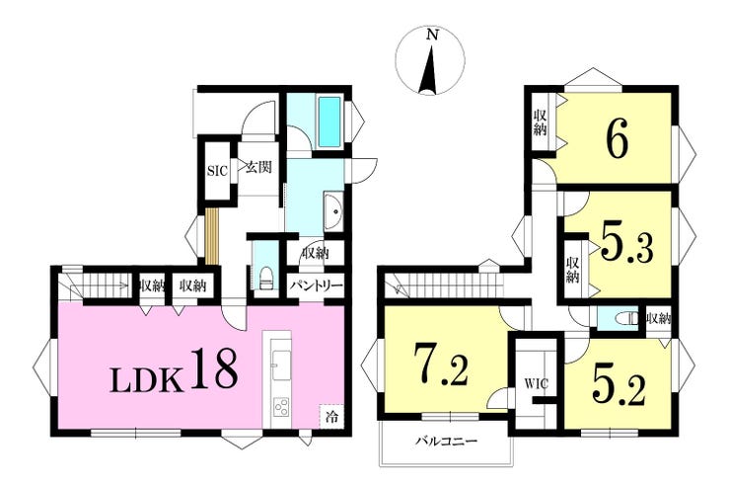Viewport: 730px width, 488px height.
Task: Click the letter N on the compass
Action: [433, 34]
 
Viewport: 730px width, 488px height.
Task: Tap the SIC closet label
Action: [217, 171]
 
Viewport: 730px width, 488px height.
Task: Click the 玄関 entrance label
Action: [258, 167]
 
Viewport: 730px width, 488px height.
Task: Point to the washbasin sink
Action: [333, 211]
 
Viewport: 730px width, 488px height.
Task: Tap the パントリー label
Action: [317, 285]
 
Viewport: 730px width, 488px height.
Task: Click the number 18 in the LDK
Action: [214, 368]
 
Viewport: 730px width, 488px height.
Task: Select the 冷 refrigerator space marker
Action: [331, 415]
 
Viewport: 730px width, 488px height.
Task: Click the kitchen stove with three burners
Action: [281, 408]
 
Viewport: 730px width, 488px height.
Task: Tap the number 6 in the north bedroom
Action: [617, 138]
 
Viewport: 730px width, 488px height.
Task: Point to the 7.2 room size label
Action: [441, 365]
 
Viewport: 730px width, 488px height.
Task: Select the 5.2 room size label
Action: [619, 385]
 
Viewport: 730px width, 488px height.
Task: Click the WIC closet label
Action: [537, 384]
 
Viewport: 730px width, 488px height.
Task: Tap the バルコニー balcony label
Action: [446, 441]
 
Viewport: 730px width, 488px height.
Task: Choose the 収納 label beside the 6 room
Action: [540, 122]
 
